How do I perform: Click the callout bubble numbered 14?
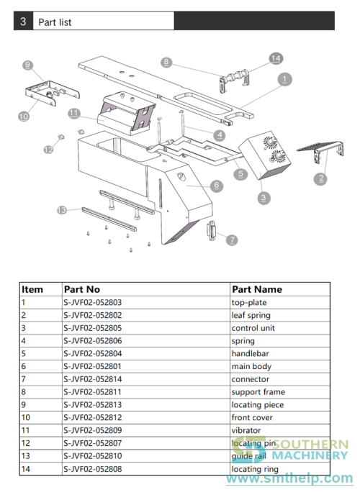pyautogui.click(x=274, y=58)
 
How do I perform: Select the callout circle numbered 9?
pyautogui.click(x=28, y=65)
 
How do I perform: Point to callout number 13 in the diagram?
pyautogui.click(x=62, y=210)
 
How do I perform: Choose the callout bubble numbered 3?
pyautogui.click(x=264, y=196)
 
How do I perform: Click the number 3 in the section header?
pyautogui.click(x=24, y=22)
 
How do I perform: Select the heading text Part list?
pyautogui.click(x=55, y=22)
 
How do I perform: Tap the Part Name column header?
pyautogui.click(x=256, y=289)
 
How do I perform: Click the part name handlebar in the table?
pyautogui.click(x=249, y=353)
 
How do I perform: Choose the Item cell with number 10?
pyautogui.click(x=26, y=417)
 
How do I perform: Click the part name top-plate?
pyautogui.click(x=248, y=302)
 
